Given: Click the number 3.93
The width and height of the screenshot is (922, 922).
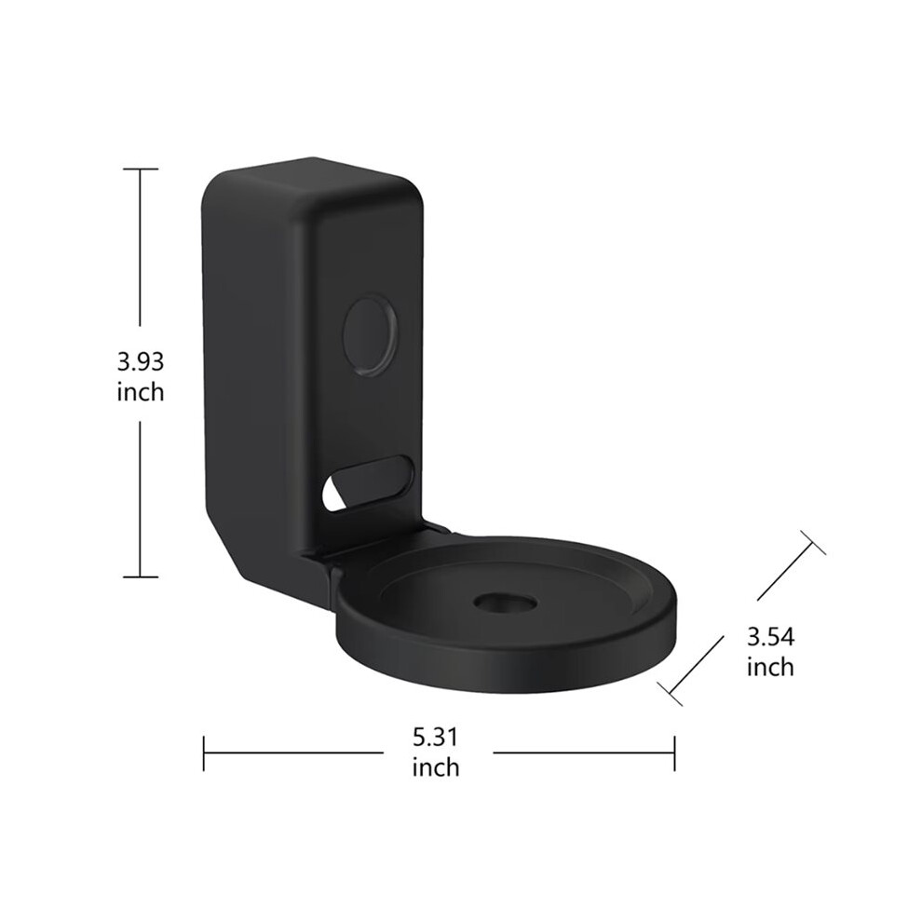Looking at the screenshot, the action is tap(141, 361).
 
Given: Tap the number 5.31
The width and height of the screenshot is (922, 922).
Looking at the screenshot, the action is tap(435, 737).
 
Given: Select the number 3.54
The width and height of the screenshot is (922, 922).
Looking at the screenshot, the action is tap(770, 637).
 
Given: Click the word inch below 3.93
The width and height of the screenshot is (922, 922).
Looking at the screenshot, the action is tap(141, 391).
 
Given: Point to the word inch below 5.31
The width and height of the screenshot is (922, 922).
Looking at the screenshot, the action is tap(435, 766).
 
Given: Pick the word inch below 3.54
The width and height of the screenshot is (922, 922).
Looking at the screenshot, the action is tap(770, 667).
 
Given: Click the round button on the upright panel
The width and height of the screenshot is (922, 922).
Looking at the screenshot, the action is tap(370, 336).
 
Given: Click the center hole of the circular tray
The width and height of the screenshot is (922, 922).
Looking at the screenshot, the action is tap(506, 603).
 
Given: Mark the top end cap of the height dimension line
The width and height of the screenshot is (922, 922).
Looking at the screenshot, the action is tap(140, 169).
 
